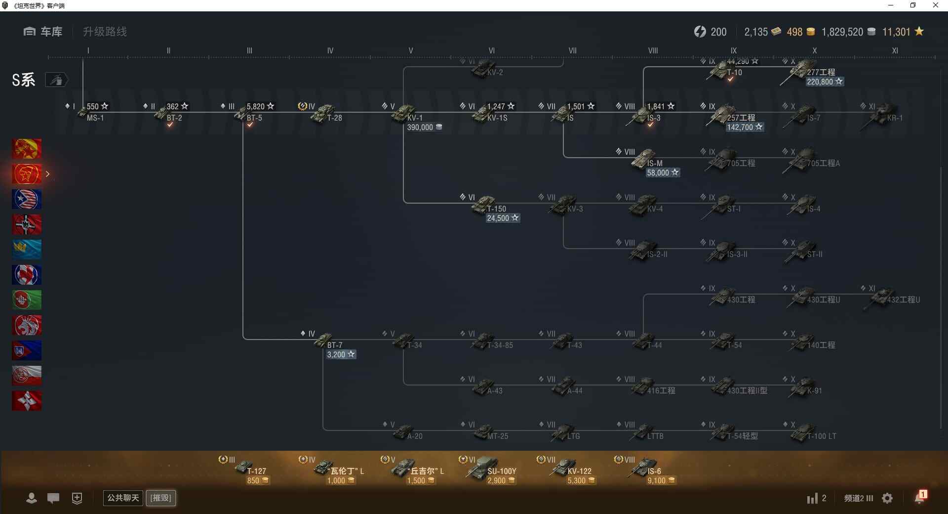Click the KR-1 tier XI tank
point(884,114)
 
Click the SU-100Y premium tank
point(484,468)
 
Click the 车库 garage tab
point(43,32)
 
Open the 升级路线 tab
point(105,32)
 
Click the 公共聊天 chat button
point(122,498)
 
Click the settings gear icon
point(887,498)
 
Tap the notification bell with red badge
point(920,497)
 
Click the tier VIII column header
point(653,50)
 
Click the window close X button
point(935,5)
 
